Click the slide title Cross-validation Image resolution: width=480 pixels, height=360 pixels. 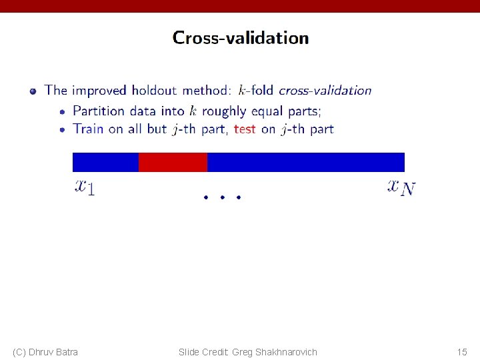241,38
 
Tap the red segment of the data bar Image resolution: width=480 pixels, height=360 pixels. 173,162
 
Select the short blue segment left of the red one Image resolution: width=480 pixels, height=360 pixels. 105,162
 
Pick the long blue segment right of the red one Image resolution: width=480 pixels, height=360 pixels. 305,162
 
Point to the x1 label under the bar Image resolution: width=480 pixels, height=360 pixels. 84,186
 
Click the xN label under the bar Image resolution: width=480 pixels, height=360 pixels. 401,186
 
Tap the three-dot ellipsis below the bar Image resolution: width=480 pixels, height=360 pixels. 221,197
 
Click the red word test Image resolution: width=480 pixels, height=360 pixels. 245,129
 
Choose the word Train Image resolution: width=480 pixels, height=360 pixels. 89,129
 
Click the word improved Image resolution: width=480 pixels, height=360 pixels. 99,91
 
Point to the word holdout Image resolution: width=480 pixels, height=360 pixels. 155,90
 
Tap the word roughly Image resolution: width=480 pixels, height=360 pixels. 225,111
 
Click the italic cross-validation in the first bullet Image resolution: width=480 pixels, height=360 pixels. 325,90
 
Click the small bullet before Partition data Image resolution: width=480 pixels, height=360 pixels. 63,111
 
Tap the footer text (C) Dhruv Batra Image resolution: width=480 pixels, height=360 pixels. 45,351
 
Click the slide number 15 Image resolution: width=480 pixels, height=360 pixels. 462,351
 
